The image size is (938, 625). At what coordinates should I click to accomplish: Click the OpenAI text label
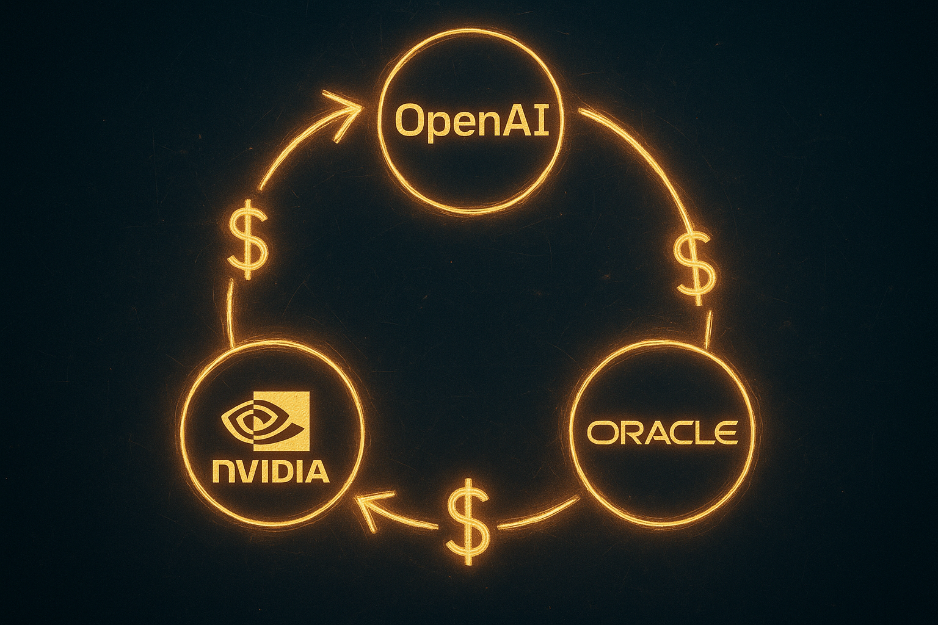pyautogui.click(x=472, y=121)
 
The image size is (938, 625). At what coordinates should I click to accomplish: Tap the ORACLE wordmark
pyautogui.click(x=663, y=432)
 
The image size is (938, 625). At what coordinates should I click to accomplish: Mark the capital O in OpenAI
pyautogui.click(x=410, y=121)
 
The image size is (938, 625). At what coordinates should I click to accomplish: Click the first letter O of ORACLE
pyautogui.click(x=601, y=432)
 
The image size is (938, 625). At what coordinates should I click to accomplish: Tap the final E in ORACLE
pyautogui.click(x=727, y=432)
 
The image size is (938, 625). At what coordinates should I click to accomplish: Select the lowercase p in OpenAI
pyautogui.click(x=438, y=126)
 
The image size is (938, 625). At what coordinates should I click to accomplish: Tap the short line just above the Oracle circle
pyautogui.click(x=708, y=330)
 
